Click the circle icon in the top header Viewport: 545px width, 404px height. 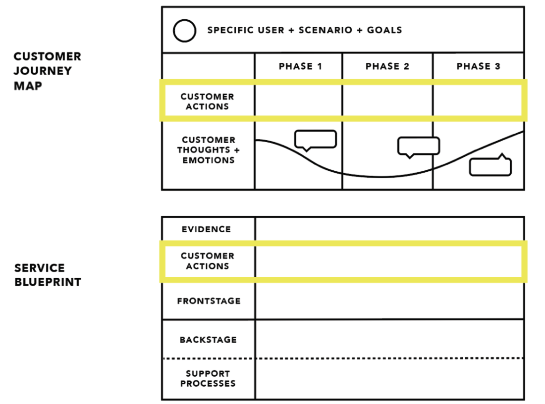click(184, 31)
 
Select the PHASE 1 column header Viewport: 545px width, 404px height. click(300, 66)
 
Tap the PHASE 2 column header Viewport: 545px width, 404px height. click(387, 66)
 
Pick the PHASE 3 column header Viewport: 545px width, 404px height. click(479, 66)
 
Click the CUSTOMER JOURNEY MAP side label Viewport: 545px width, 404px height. click(47, 71)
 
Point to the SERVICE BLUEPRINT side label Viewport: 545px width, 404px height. click(48, 275)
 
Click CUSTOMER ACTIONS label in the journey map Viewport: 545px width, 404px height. click(207, 101)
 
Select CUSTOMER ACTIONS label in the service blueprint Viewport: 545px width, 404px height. click(207, 261)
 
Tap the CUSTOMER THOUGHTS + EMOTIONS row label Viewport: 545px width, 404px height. click(208, 150)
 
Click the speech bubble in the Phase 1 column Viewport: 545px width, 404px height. click(316, 139)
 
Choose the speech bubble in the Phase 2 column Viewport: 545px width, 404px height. click(419, 146)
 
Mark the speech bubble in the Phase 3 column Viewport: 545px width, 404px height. click(490, 166)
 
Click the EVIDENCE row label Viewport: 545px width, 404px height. click(206, 229)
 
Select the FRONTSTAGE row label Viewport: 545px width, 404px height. click(209, 301)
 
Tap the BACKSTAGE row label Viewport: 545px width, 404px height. click(208, 340)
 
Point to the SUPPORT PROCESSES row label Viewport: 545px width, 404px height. click(208, 379)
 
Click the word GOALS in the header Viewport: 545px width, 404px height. click(384, 30)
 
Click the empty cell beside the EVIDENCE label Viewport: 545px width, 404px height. click(389, 229)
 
